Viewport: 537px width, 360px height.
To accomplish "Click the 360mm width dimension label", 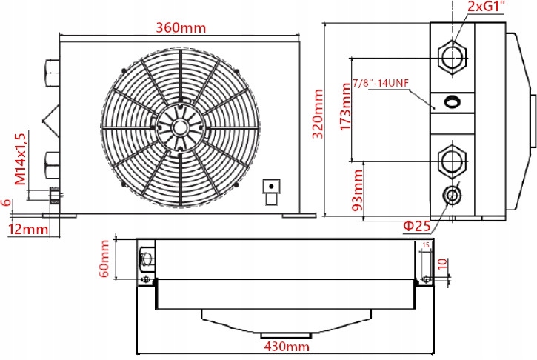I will pos(180,27).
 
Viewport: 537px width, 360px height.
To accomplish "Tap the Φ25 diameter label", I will pos(417,225).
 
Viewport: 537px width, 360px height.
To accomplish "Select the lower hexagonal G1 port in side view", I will pos(452,159).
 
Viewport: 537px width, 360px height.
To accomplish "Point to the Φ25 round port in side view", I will pos(451,196).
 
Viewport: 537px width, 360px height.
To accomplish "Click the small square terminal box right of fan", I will pos(272,186).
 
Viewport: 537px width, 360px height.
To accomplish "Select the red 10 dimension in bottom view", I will pos(442,263).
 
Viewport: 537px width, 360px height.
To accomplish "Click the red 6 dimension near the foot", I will pos(7,202).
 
